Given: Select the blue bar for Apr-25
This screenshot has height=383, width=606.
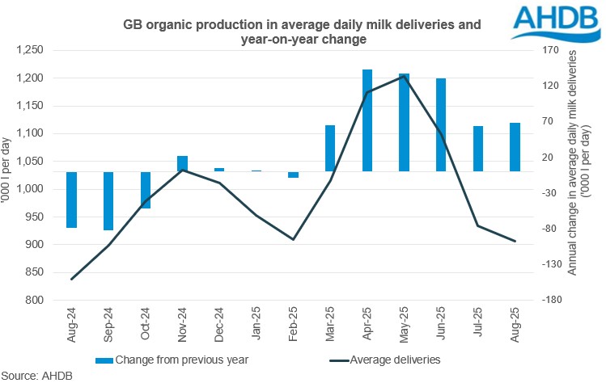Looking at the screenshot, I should tap(367, 120).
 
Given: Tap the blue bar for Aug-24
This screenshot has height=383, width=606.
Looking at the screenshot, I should tap(72, 200).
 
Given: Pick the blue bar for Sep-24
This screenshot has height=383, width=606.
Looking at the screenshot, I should tap(108, 201).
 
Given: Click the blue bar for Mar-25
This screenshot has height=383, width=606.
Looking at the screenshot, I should tap(330, 148).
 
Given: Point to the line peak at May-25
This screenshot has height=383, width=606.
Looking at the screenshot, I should tap(404, 77).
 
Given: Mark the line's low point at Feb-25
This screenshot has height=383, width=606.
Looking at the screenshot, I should tap(293, 240).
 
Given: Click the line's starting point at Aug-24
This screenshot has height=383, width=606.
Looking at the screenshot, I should tap(72, 280).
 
